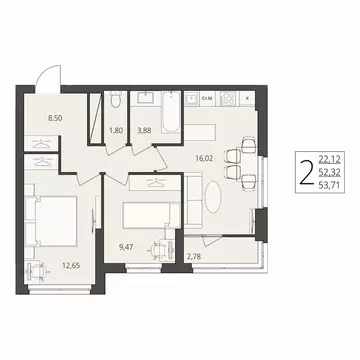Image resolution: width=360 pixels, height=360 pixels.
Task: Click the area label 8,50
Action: click(x=32, y=116)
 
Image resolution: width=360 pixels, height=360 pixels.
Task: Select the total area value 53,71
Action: click(x=328, y=185)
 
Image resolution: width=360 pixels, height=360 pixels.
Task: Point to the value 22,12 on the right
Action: click(x=328, y=158)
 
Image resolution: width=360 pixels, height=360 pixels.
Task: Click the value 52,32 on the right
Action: click(x=328, y=171)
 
